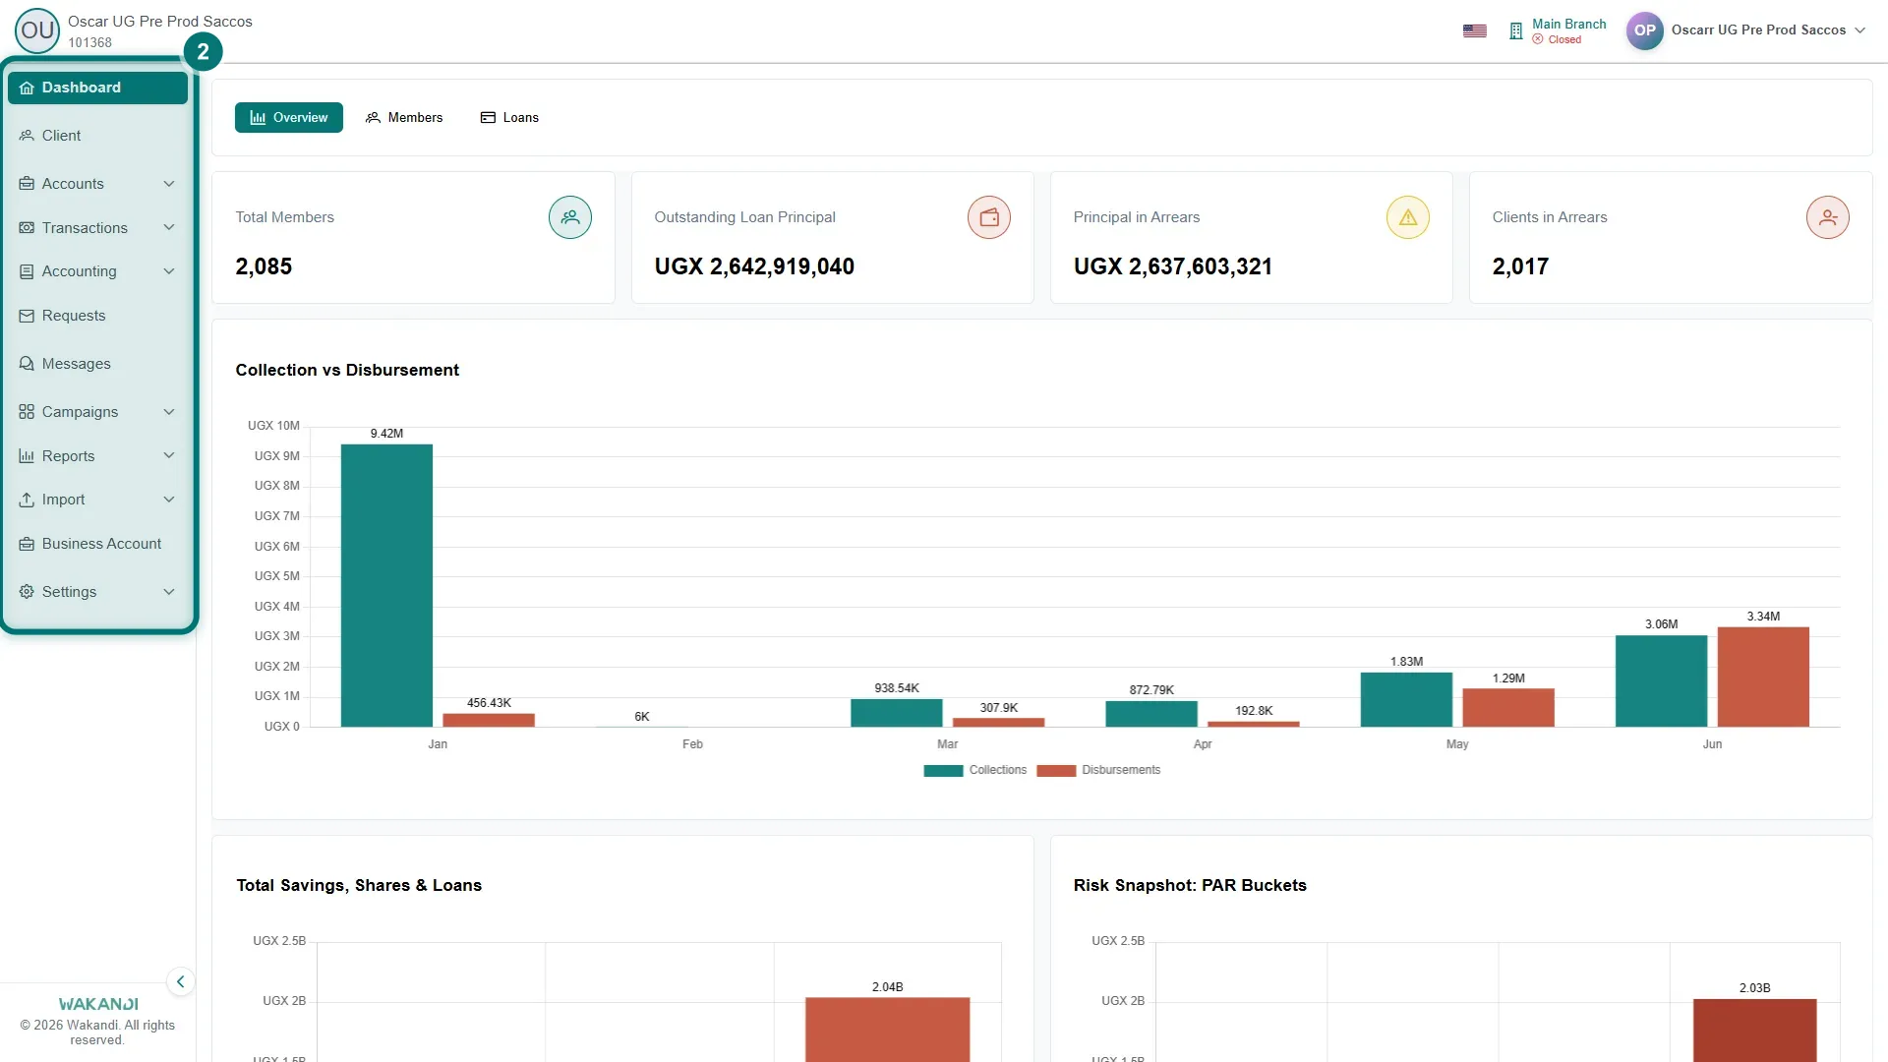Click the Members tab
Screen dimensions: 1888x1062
click(404, 118)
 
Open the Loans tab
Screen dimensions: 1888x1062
click(509, 118)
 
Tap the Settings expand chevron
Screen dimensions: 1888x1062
click(169, 592)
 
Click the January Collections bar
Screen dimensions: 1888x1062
click(386, 586)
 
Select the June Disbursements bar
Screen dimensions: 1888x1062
click(1763, 678)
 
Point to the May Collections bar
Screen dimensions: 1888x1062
click(1406, 700)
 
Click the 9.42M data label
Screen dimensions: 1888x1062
click(386, 434)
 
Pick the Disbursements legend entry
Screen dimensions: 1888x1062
click(1098, 771)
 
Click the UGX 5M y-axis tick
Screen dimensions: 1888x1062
click(276, 576)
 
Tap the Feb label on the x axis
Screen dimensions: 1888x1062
click(692, 744)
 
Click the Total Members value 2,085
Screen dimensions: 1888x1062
click(264, 266)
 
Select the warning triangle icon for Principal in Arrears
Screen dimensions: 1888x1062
click(1408, 217)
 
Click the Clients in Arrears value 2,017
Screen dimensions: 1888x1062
click(1520, 266)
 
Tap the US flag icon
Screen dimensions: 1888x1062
click(1475, 30)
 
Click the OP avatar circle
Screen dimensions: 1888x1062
click(1645, 30)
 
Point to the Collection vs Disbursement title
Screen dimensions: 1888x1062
click(347, 370)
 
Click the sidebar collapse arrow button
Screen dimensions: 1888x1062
click(180, 981)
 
